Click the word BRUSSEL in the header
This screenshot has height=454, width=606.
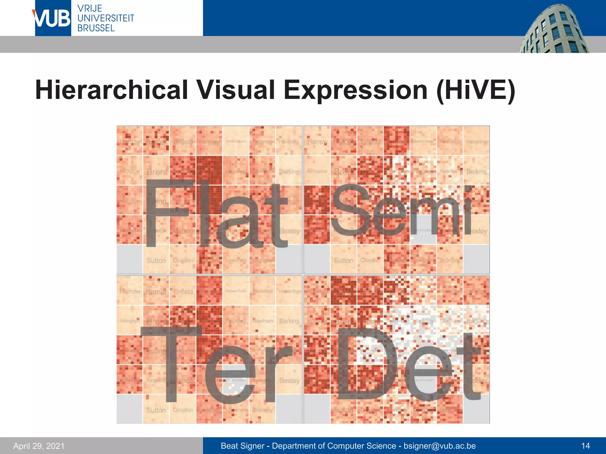[96, 28]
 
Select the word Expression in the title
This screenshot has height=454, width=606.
[355, 90]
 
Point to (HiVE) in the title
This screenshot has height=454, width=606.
[476, 90]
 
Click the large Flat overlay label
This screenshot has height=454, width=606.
[216, 213]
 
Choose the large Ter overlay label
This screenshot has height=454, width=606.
[216, 365]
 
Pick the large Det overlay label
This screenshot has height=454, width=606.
[408, 365]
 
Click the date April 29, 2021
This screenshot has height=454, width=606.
[39, 446]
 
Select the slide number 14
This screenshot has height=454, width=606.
[585, 446]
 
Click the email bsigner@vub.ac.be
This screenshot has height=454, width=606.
[440, 446]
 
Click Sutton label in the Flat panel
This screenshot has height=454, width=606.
[156, 261]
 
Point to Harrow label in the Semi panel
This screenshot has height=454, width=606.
[317, 142]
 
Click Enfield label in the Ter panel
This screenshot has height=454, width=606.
[183, 292]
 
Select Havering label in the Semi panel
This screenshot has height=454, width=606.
[476, 142]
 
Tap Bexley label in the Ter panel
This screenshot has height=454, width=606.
[289, 380]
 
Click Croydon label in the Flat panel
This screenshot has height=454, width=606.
[183, 261]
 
